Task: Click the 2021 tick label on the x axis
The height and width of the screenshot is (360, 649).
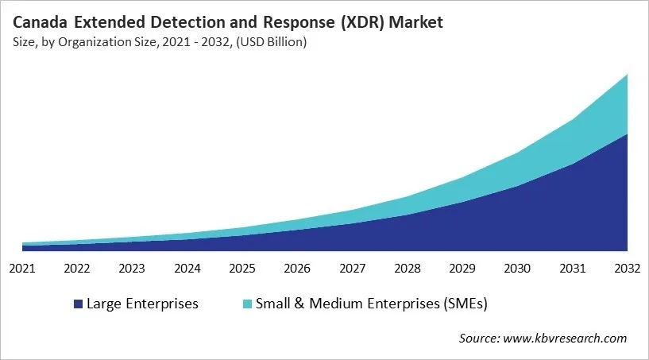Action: pos(23,269)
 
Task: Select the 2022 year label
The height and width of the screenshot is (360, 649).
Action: pos(78,269)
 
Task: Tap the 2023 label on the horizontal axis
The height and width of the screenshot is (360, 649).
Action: pos(133,269)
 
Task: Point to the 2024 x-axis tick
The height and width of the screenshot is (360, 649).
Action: pos(187,269)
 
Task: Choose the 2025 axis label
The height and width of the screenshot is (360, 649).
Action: pos(242,269)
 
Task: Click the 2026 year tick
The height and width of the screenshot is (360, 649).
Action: pos(298,269)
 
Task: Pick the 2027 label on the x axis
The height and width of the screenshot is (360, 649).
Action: pos(353,269)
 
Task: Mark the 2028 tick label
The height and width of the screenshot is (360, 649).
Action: pos(408,269)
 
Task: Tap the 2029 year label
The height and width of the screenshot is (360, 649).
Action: pos(462,269)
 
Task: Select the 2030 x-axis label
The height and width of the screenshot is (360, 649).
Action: pos(517,269)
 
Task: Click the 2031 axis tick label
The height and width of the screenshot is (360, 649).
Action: pos(572,269)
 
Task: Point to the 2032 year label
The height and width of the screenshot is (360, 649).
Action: pos(627,269)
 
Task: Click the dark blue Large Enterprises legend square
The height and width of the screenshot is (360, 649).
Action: pos(78,304)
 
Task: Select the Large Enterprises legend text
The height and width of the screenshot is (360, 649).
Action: pos(142,304)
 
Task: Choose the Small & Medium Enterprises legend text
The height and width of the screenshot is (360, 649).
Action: pos(370,304)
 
